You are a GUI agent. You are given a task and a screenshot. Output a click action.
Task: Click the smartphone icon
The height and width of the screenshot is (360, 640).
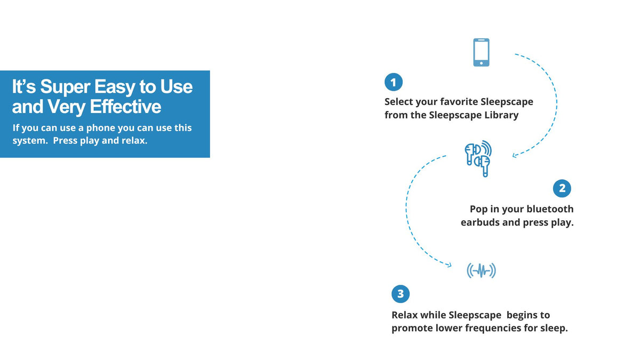(481, 52)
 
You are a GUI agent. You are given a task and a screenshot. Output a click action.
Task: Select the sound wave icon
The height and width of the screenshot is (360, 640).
(481, 271)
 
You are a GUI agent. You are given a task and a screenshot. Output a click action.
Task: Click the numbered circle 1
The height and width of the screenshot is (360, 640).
(394, 83)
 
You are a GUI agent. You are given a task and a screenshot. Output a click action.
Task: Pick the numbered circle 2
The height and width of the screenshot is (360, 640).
(562, 188)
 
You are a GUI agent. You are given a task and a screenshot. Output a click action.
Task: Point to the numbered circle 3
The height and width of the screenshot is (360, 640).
(401, 294)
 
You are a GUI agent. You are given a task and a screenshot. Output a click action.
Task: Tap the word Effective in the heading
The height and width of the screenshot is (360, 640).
(125, 107)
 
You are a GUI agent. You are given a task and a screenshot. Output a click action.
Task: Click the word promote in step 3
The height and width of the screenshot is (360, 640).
(413, 328)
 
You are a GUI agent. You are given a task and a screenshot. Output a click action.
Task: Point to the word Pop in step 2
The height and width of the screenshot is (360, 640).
(479, 209)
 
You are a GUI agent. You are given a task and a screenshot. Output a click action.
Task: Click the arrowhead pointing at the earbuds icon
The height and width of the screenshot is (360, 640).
(515, 156)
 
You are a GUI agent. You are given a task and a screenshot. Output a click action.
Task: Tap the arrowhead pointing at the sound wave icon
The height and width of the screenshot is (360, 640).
(450, 265)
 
